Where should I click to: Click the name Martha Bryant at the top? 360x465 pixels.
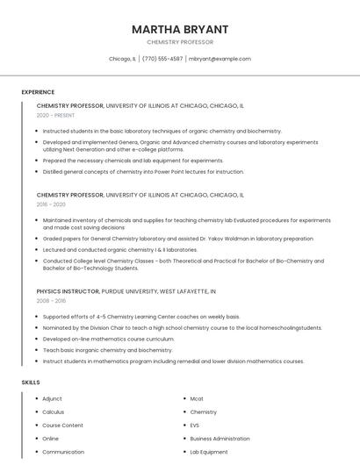pos(180,29)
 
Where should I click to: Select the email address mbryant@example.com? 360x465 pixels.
pos(220,59)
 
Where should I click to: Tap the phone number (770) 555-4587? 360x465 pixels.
pos(162,59)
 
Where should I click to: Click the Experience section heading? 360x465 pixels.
pos(38,92)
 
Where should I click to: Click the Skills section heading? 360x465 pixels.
pos(31,383)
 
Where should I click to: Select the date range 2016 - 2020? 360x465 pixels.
pos(51,204)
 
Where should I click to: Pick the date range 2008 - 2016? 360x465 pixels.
pos(51,300)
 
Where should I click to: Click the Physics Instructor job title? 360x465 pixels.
pos(70,290)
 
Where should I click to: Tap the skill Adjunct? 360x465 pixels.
pos(52,398)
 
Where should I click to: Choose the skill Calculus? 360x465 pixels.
pos(53,411)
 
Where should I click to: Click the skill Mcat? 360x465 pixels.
pos(197,398)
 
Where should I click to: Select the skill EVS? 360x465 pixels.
pos(195,425)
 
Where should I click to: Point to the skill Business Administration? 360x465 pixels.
pos(220,438)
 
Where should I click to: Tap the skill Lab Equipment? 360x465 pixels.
pos(209,452)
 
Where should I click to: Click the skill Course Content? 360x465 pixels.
pos(62,425)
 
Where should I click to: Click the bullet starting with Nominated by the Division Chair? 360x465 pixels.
pos(182,327)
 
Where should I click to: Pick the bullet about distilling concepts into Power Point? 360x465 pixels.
pos(143,171)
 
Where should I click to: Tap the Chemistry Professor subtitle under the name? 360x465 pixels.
pos(180,42)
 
